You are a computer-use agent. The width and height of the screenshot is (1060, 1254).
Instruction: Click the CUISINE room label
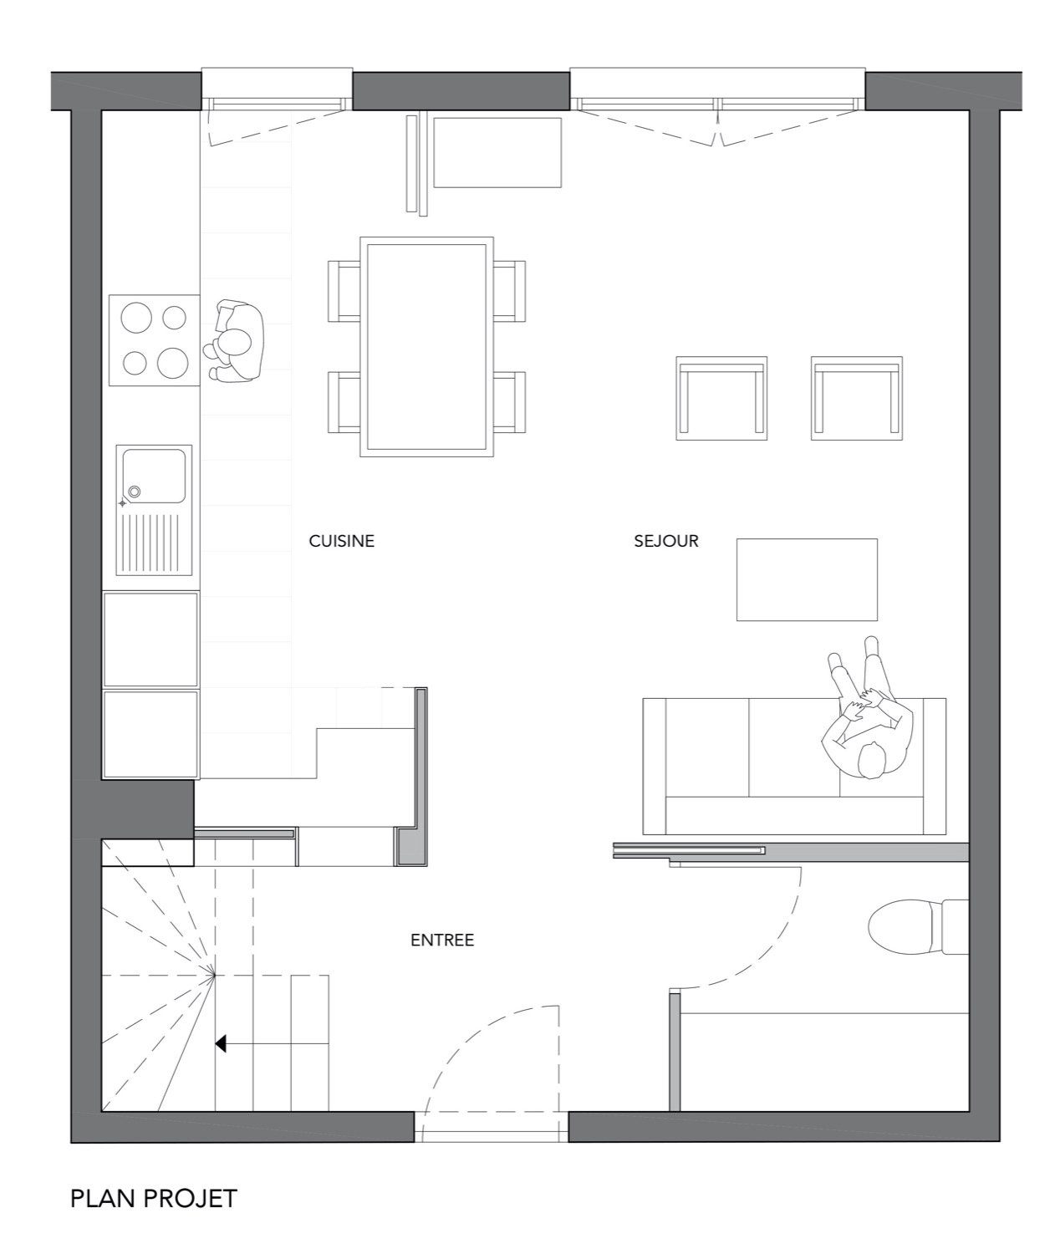tap(342, 541)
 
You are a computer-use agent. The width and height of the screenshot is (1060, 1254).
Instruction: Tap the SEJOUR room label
tap(666, 541)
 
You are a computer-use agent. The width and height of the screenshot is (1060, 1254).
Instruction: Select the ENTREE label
tap(442, 940)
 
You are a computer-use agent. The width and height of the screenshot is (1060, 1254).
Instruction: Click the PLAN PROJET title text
tap(154, 1199)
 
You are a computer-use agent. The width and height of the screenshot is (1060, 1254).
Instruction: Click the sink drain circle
tap(134, 492)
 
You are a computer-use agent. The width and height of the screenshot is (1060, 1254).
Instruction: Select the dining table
tap(426, 346)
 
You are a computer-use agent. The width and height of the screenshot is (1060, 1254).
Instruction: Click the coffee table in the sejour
tap(807, 579)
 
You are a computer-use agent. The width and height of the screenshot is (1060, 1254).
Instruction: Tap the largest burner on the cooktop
tap(173, 363)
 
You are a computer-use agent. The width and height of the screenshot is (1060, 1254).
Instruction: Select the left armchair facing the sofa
tap(721, 398)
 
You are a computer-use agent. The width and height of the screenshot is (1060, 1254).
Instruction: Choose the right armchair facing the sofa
tap(857, 398)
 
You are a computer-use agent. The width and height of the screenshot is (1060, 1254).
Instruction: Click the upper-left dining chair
tap(344, 291)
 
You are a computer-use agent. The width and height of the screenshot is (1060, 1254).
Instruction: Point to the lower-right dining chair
tap(510, 402)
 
